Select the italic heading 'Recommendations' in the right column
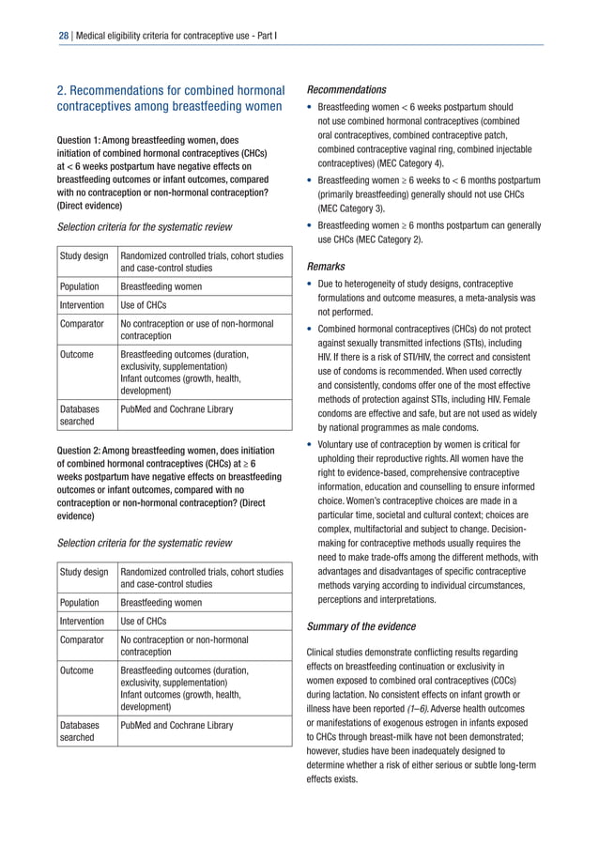point(346,90)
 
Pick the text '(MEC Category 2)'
point(382,239)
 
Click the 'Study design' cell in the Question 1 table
point(83,254)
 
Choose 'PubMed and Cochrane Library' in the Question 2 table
point(177,725)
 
